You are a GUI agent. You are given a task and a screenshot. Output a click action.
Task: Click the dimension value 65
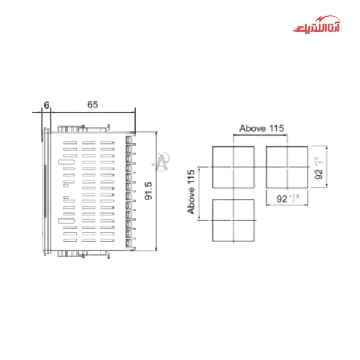point(92,104)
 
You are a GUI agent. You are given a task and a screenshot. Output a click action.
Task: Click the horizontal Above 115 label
point(261,128)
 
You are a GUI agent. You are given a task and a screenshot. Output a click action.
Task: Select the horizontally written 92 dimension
point(281,197)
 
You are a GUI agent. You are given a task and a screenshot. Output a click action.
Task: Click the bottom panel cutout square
point(234,220)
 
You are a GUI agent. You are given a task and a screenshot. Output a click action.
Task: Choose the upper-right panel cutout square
point(287,167)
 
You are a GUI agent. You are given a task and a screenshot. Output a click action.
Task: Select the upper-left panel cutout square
point(234,167)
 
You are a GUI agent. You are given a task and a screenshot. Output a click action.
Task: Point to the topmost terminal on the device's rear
point(130,139)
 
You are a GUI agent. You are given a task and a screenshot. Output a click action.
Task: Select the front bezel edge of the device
point(44,191)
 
